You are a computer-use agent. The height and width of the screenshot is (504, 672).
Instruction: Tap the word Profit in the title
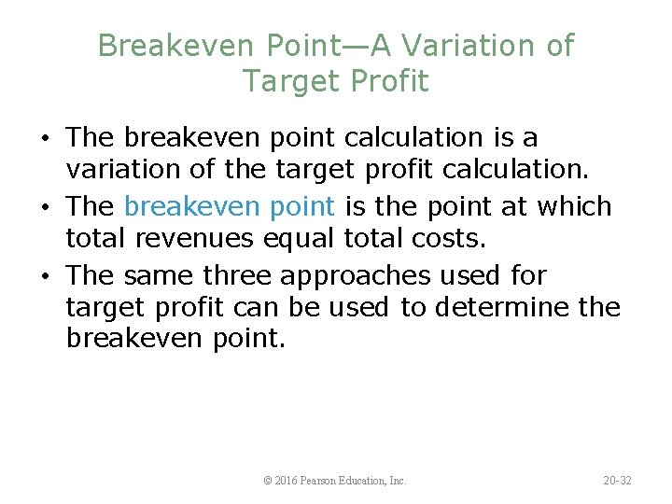(x=389, y=81)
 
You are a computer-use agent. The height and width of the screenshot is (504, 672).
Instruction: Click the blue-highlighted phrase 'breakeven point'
(x=229, y=206)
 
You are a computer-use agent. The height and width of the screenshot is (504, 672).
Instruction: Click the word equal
(x=294, y=240)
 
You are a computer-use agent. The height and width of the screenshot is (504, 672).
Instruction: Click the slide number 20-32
(x=617, y=481)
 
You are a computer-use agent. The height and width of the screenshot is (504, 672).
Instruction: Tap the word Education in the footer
(x=369, y=481)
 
